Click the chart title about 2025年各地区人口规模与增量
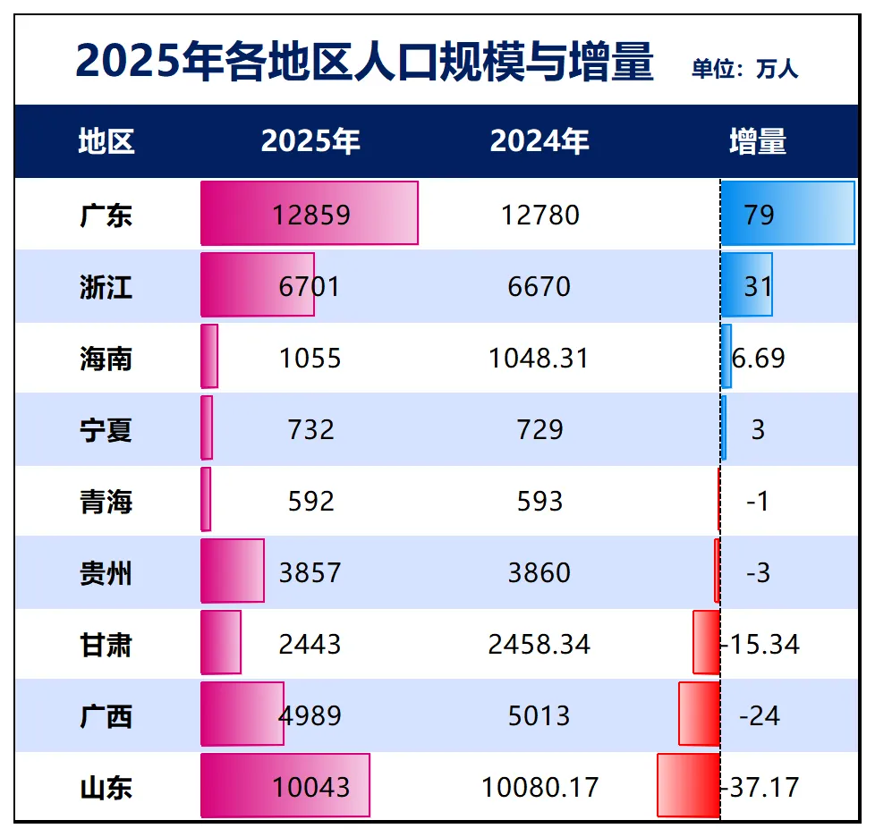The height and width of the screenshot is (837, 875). pyautogui.click(x=364, y=63)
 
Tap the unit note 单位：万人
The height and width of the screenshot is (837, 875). pyautogui.click(x=744, y=69)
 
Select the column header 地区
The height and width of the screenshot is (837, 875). pyautogui.click(x=106, y=141)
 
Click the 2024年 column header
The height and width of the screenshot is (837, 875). pyautogui.click(x=539, y=141)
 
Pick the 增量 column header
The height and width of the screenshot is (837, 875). pyautogui.click(x=757, y=141)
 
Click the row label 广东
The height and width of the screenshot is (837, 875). pyautogui.click(x=106, y=216)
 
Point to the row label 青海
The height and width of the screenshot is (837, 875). pyautogui.click(x=106, y=502)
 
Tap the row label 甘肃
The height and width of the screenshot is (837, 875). pyautogui.click(x=106, y=645)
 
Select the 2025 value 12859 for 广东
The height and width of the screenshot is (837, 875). pyautogui.click(x=310, y=216)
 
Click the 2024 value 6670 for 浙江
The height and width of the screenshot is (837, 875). pyautogui.click(x=539, y=287)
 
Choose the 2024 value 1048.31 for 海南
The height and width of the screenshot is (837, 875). pyautogui.click(x=539, y=359)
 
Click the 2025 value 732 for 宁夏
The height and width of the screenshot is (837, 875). pyautogui.click(x=310, y=430)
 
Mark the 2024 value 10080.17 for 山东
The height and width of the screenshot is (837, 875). pyautogui.click(x=539, y=788)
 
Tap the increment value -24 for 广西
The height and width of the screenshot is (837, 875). pyautogui.click(x=759, y=716)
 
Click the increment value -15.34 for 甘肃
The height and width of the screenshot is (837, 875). pyautogui.click(x=760, y=645)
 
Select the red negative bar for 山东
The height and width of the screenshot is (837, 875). pyautogui.click(x=688, y=785)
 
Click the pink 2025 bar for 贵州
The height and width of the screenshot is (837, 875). pyautogui.click(x=233, y=571)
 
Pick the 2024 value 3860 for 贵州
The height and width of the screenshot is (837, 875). pyautogui.click(x=539, y=573)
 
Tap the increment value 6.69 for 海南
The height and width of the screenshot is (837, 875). pyautogui.click(x=759, y=359)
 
